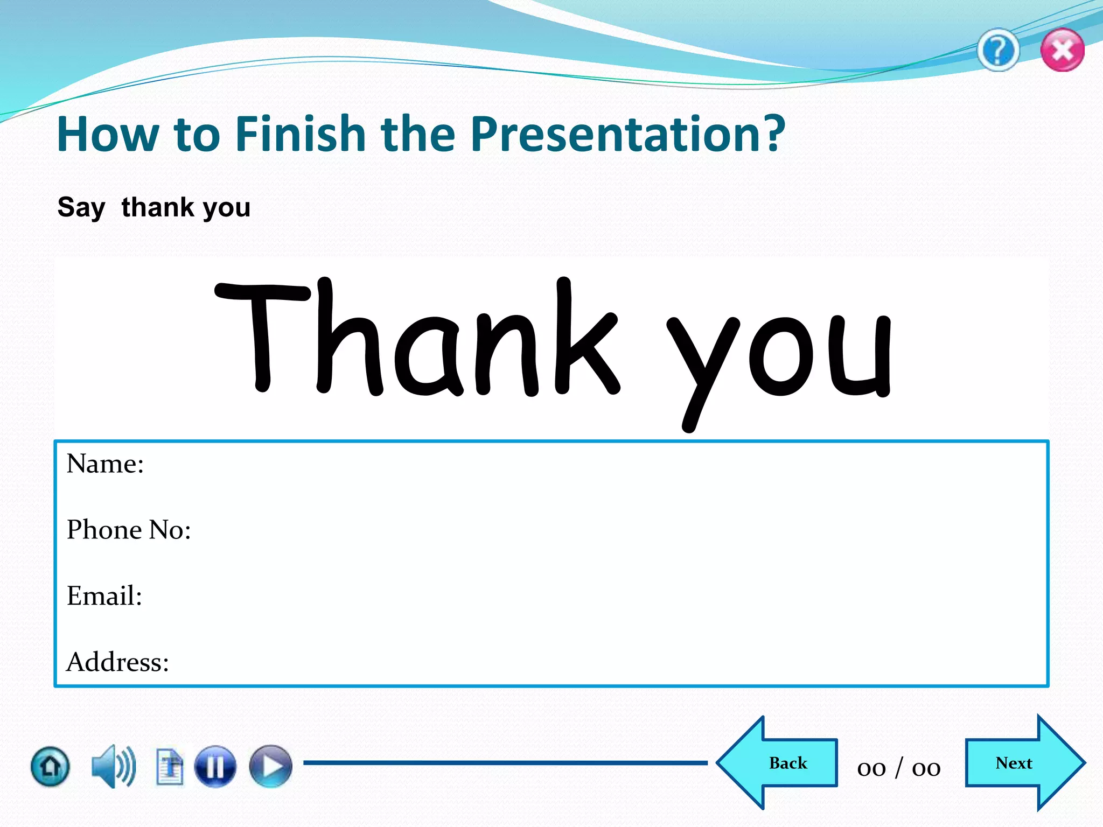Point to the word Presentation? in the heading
click(x=627, y=135)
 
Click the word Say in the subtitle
click(x=81, y=208)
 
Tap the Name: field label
click(x=106, y=464)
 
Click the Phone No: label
click(x=129, y=530)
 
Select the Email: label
click(x=104, y=596)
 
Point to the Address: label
click(x=117, y=662)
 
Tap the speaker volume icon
click(x=113, y=766)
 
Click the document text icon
click(x=170, y=766)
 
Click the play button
click(x=271, y=766)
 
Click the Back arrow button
click(x=781, y=763)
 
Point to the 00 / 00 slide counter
click(x=899, y=768)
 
